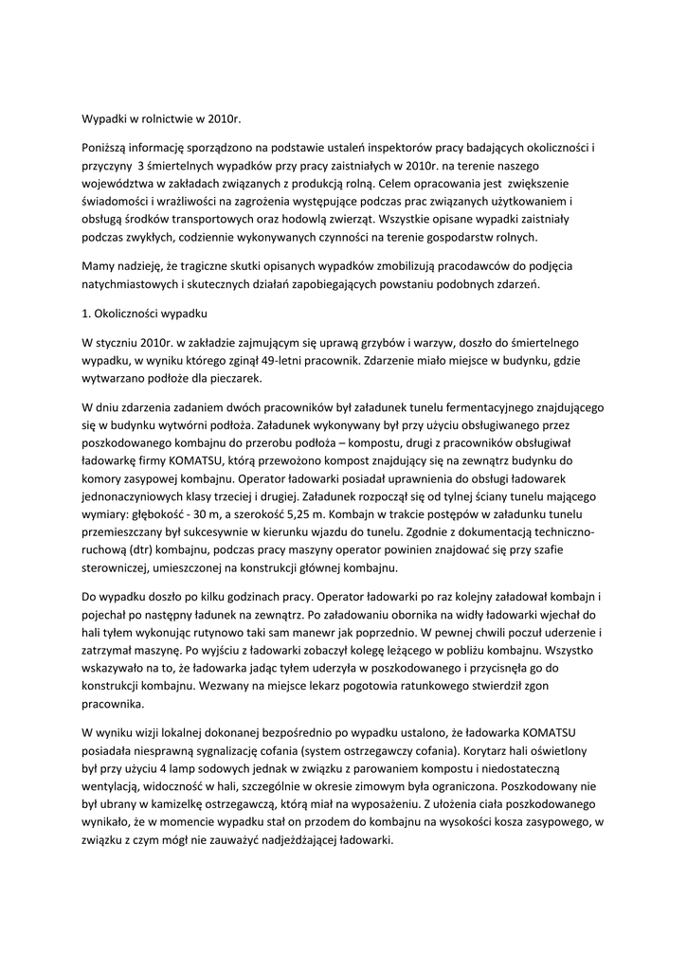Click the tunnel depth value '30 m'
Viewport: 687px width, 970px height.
(216, 515)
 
